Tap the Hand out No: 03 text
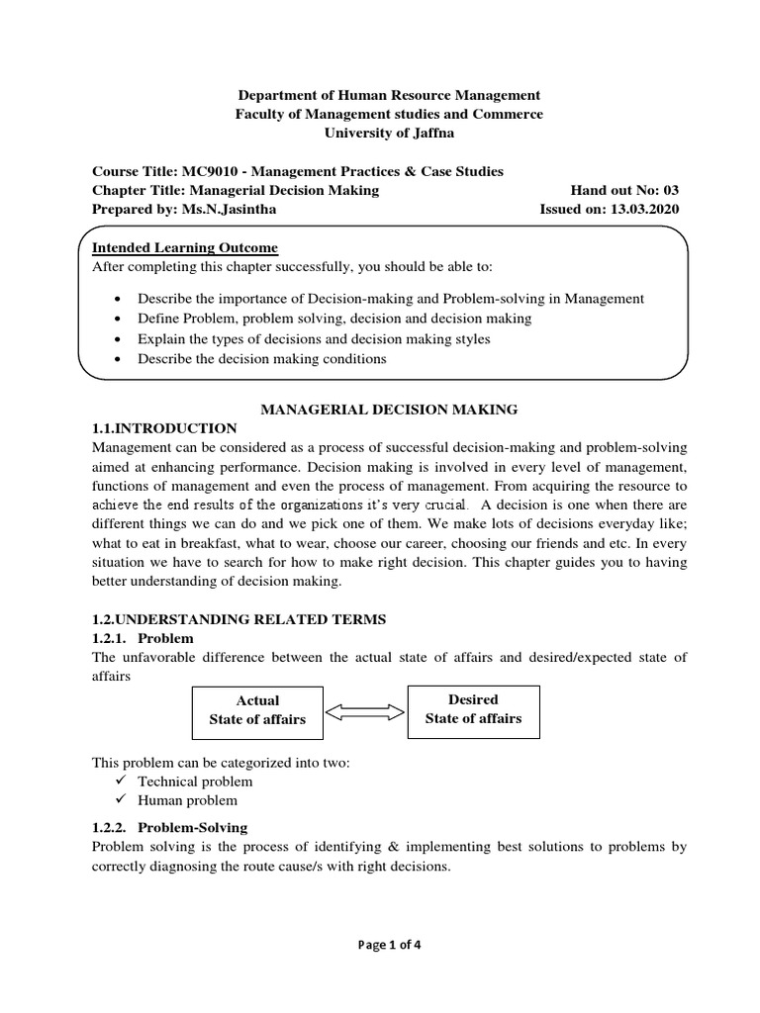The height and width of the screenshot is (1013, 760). click(x=624, y=190)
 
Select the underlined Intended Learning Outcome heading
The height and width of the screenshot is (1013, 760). click(x=185, y=247)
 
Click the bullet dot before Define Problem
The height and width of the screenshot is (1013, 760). click(x=118, y=319)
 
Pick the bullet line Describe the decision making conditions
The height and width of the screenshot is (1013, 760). click(x=261, y=358)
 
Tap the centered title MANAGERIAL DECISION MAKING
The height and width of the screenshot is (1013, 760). click(x=388, y=409)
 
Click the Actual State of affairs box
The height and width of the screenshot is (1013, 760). click(x=257, y=710)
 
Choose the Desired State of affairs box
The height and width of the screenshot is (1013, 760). click(x=473, y=709)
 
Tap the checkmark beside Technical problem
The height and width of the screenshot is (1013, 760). click(x=120, y=782)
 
